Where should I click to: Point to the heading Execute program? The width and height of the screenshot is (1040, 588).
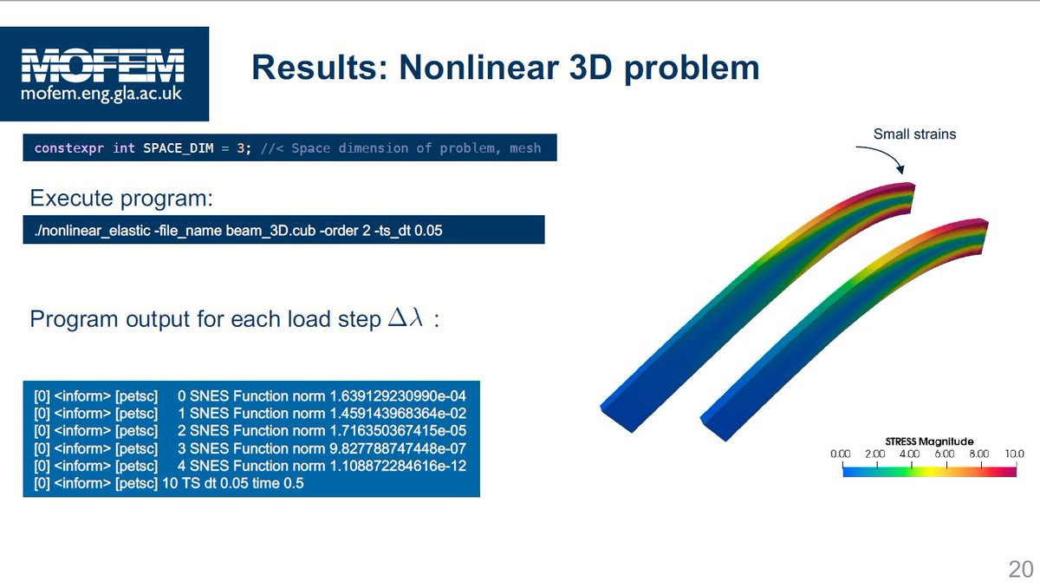121,198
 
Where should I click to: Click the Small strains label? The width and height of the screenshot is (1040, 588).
914,134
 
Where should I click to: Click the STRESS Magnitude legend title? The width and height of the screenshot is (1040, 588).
929,441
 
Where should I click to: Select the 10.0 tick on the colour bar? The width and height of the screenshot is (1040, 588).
1014,454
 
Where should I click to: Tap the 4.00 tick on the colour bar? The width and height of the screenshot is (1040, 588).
909,454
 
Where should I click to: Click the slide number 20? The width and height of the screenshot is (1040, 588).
1020,570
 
